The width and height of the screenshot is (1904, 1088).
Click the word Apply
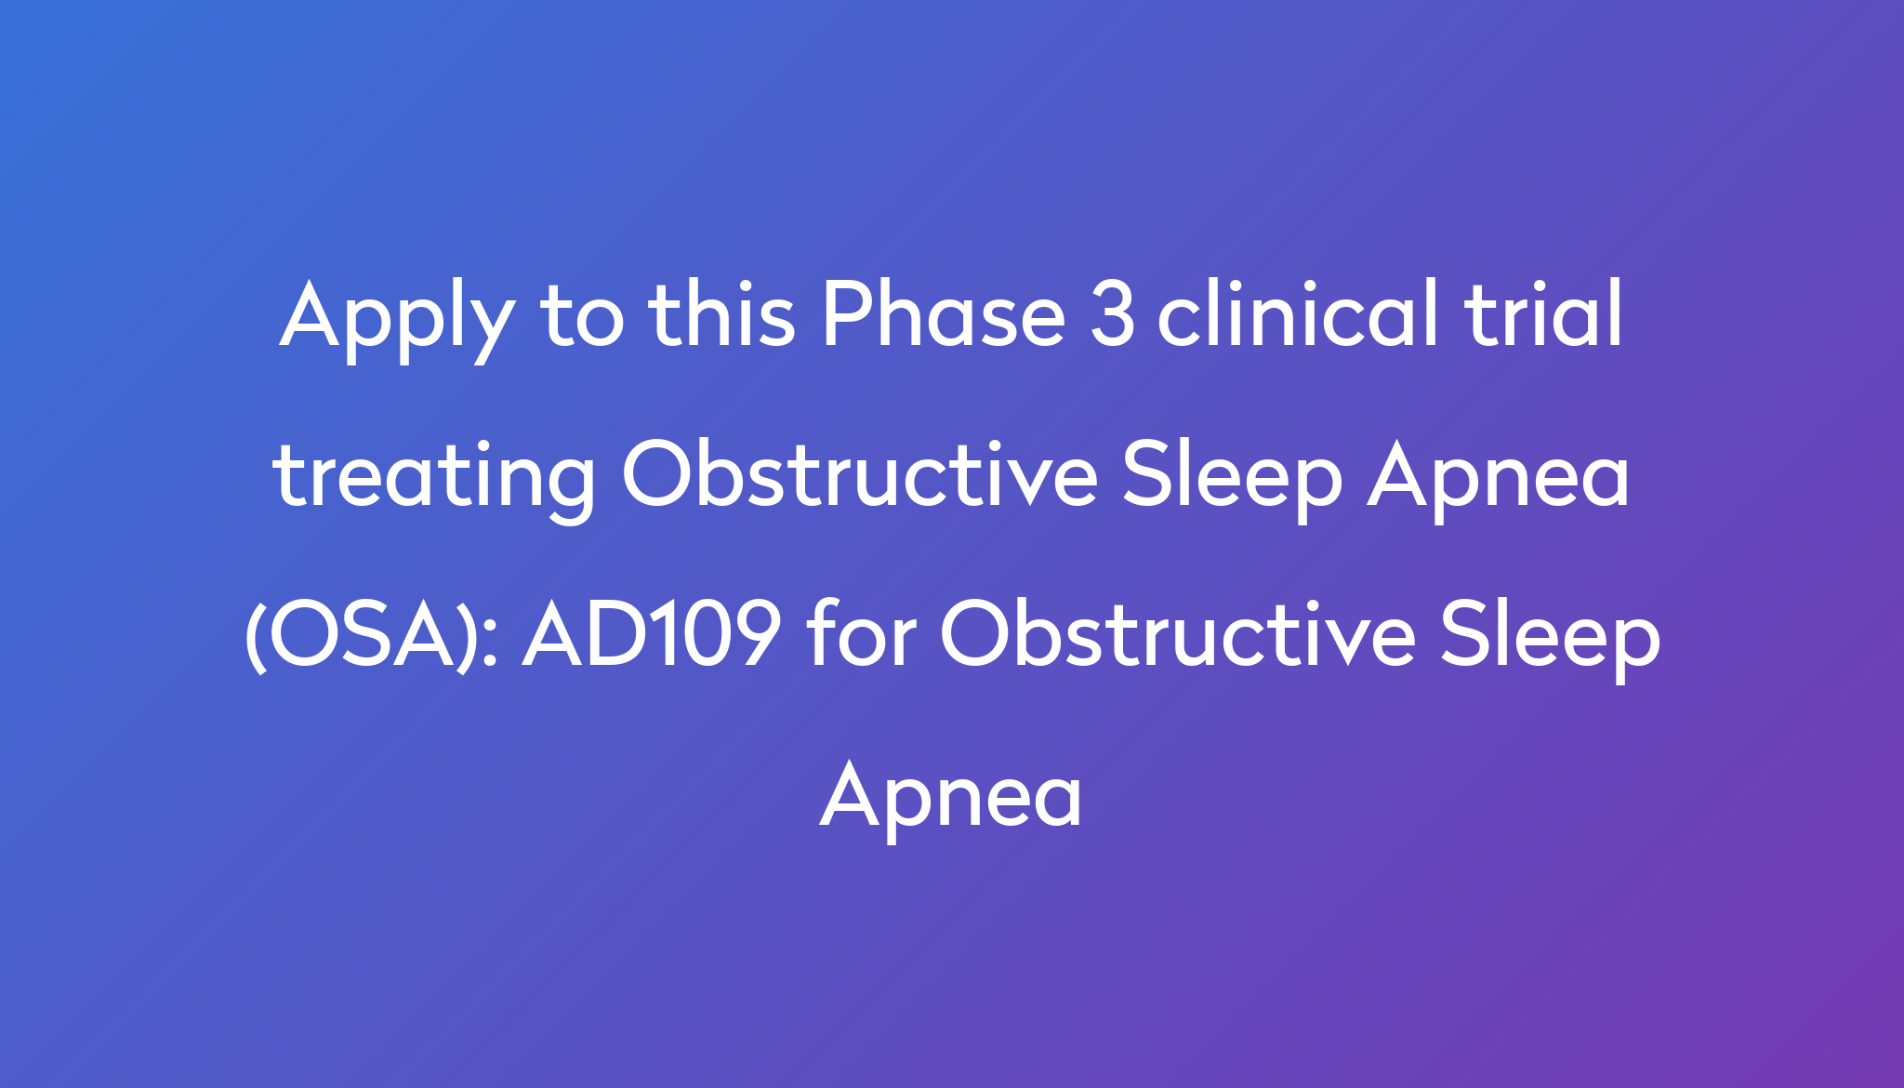point(397,319)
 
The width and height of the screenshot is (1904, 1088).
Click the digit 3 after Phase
point(1113,315)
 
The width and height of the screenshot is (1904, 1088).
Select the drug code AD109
point(652,634)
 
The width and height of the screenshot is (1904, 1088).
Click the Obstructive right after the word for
point(1179,634)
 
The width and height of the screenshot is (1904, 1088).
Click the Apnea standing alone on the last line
point(951,795)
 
